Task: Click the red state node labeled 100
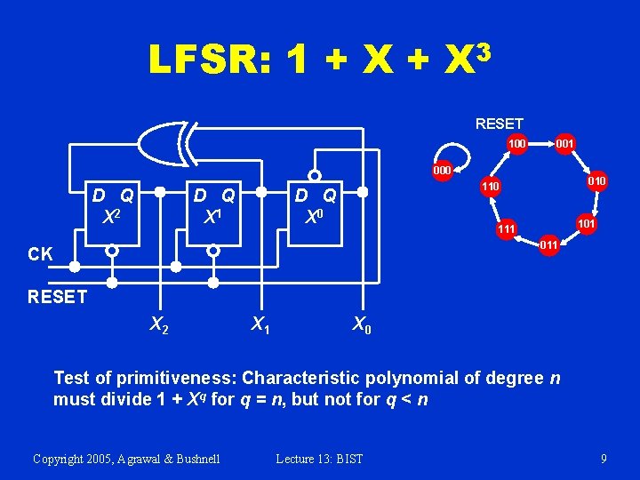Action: pyautogui.click(x=516, y=143)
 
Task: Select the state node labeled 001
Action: pyautogui.click(x=564, y=143)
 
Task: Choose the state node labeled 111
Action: pyautogui.click(x=507, y=229)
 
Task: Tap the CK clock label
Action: pyautogui.click(x=40, y=254)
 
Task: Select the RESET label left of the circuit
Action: pyautogui.click(x=57, y=297)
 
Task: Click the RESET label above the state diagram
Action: pyautogui.click(x=499, y=124)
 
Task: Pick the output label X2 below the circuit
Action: pyautogui.click(x=158, y=326)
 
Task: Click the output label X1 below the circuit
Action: pyautogui.click(x=260, y=326)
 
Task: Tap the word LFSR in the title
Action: pyautogui.click(x=208, y=60)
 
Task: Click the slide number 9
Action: pyautogui.click(x=604, y=459)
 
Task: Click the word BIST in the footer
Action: pyautogui.click(x=347, y=459)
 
